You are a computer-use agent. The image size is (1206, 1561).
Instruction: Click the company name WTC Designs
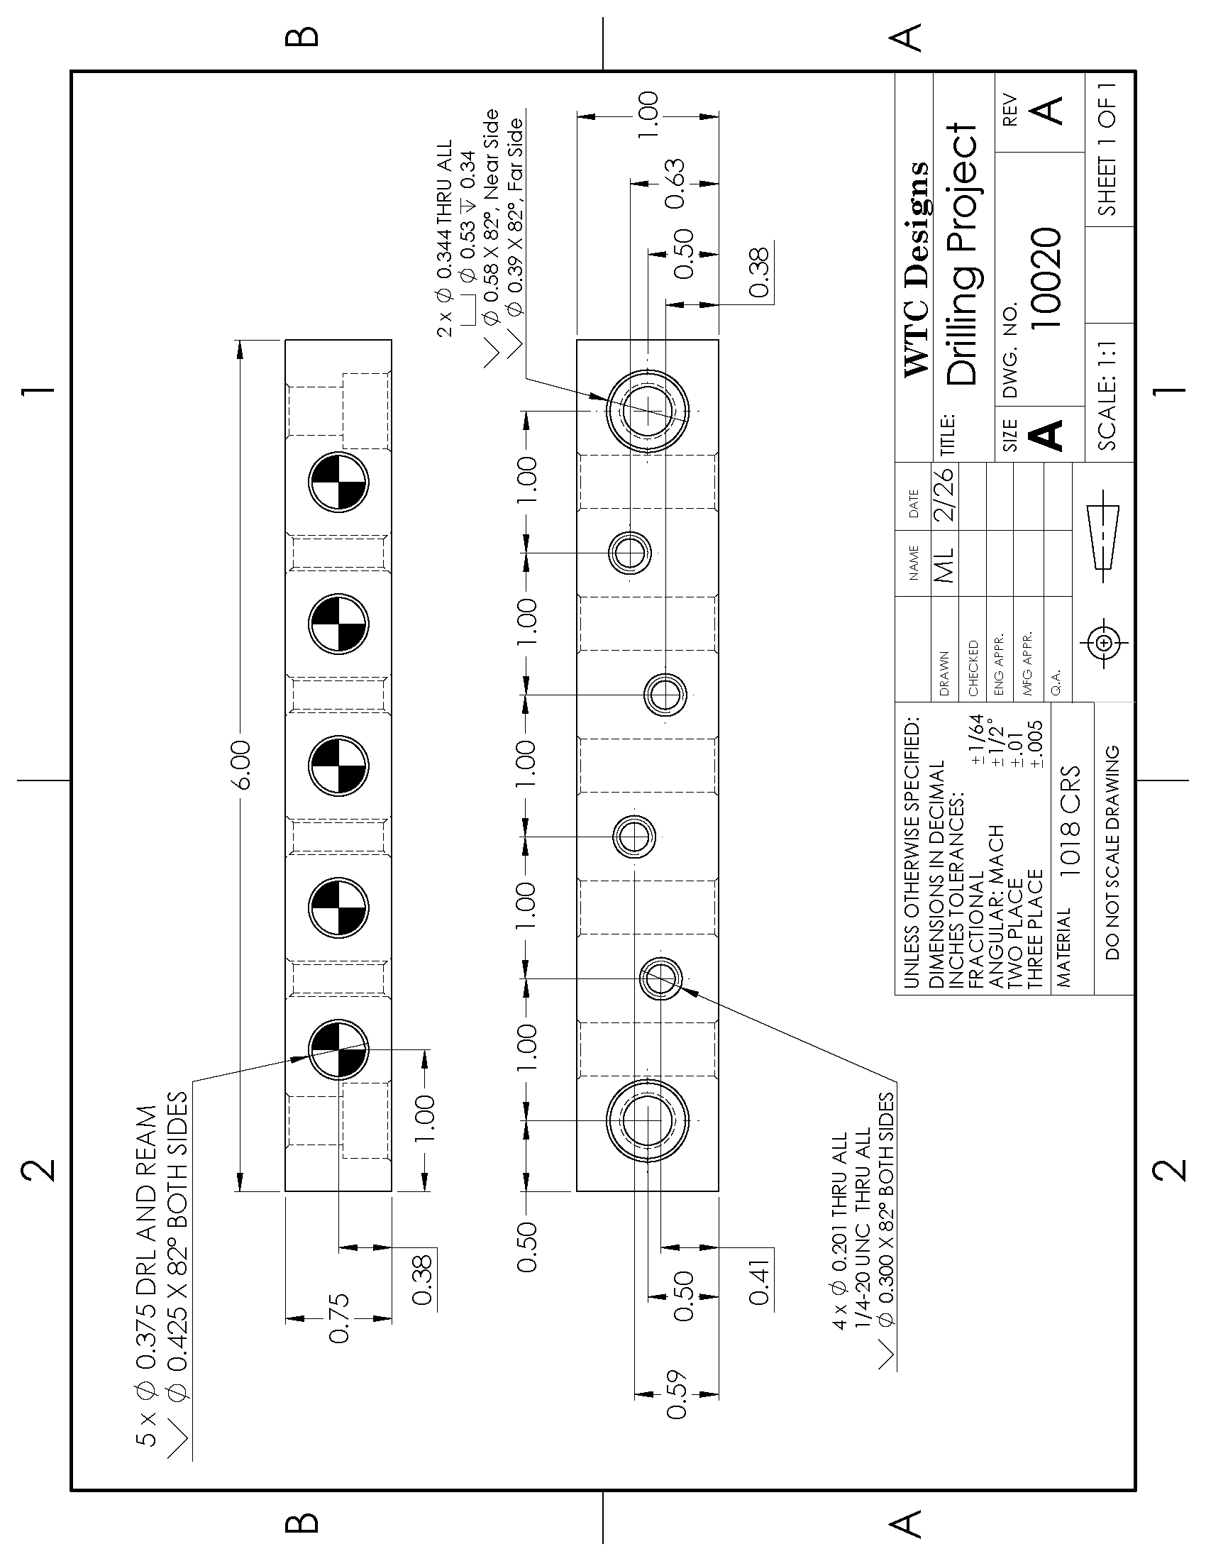point(917,270)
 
